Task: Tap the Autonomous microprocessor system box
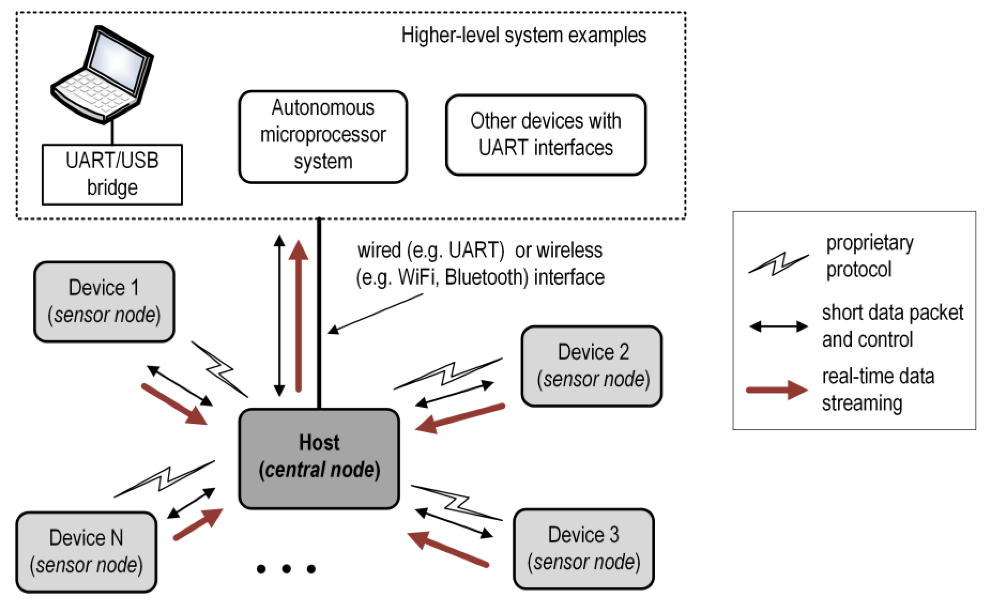[323, 136]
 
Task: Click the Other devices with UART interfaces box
[546, 135]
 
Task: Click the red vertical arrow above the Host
[298, 317]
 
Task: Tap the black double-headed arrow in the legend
[778, 326]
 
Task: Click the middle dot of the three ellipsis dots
[287, 569]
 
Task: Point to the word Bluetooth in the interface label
[486, 278]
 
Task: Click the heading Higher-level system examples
[524, 35]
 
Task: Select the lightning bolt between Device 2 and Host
[448, 373]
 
